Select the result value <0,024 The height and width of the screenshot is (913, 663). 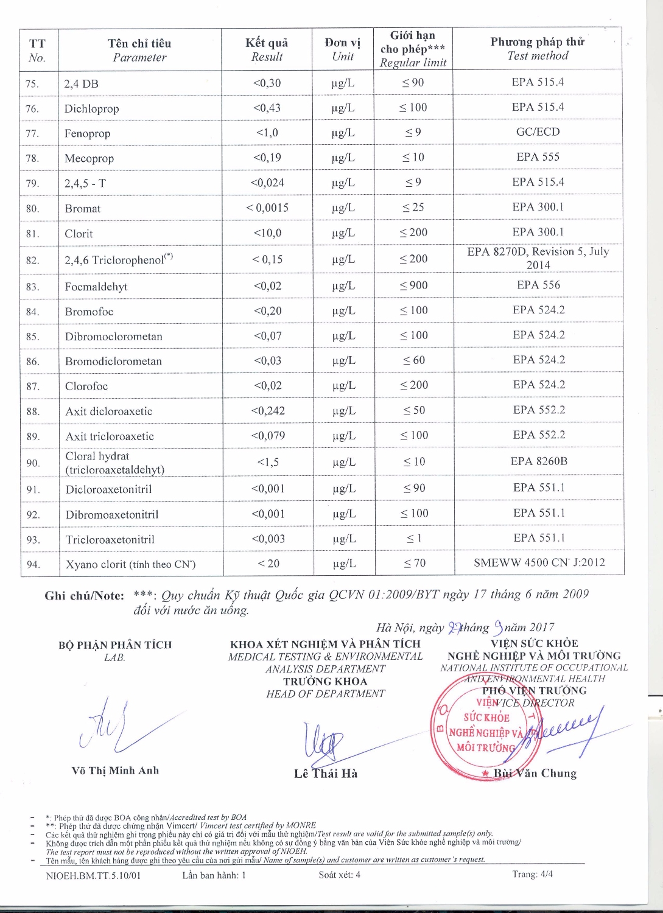267,183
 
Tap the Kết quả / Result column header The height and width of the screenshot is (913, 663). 267,49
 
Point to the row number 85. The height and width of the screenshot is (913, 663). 32,337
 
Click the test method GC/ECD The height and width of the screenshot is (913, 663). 538,132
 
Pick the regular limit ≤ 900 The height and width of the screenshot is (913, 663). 413,285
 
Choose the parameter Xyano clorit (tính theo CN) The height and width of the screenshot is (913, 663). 130,564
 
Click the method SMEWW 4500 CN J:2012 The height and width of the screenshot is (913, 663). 539,563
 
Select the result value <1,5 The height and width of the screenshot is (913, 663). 268,463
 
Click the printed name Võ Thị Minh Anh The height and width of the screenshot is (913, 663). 115,771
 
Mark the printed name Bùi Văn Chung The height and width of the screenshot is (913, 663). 535,774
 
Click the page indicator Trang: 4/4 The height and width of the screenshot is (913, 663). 532,875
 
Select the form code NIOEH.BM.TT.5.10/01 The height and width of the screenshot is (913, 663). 93,876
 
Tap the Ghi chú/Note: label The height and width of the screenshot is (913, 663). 84,596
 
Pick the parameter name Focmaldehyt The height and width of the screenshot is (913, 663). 96,287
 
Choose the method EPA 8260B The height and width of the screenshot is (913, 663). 539,461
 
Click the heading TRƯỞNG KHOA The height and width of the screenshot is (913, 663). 325,682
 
